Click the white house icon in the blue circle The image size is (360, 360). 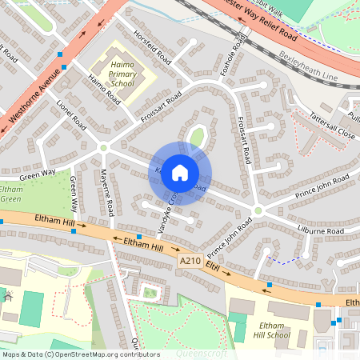click(x=180, y=172)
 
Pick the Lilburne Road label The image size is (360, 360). click(x=318, y=232)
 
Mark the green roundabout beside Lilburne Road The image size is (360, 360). click(x=258, y=210)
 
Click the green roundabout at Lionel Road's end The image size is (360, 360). click(x=103, y=146)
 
